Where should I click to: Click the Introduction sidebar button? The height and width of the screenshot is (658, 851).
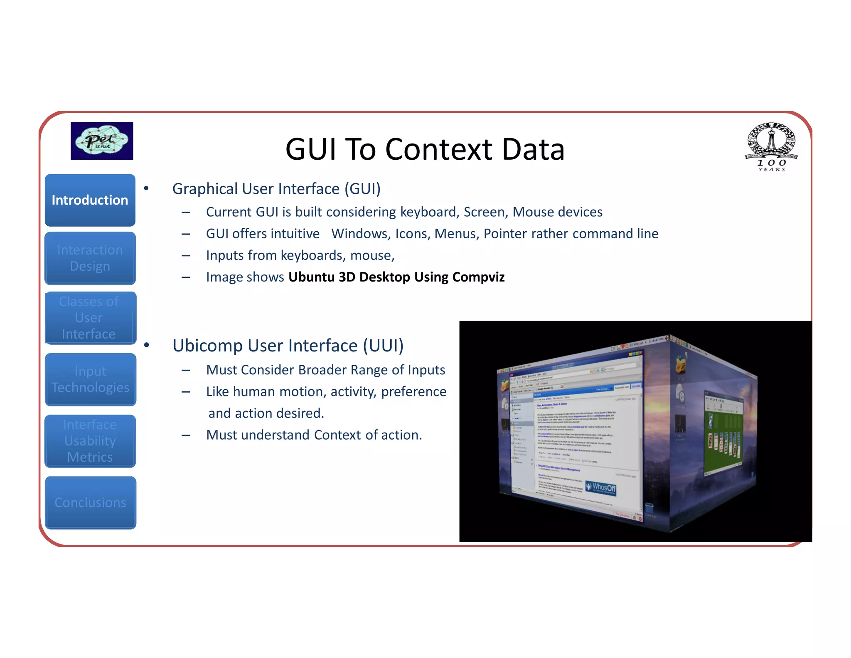(90, 200)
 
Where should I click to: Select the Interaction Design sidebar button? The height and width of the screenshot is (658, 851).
(90, 258)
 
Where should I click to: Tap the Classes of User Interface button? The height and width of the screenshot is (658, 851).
(90, 318)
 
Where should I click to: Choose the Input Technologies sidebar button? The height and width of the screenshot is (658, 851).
(90, 379)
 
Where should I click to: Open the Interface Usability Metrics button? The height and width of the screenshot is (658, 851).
(90, 441)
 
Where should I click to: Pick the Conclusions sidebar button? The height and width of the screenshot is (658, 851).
(90, 502)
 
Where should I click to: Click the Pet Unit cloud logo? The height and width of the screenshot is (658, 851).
(102, 141)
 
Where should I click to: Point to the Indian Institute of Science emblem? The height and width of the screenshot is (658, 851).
(771, 146)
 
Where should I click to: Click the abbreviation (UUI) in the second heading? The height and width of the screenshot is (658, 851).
(383, 346)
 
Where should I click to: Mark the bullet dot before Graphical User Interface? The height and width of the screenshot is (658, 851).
(146, 189)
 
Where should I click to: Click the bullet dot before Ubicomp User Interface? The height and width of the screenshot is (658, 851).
(146, 345)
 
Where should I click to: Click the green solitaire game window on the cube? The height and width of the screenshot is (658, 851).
(724, 433)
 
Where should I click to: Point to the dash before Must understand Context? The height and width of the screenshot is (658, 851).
(186, 435)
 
